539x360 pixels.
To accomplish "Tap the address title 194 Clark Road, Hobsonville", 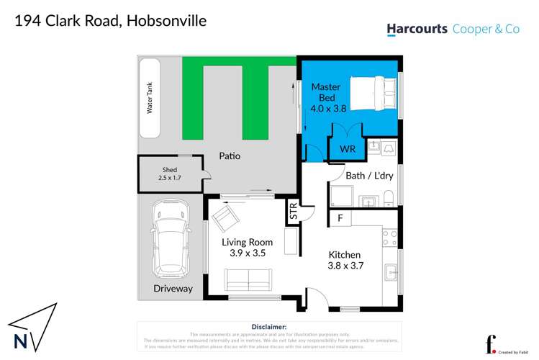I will (111, 21).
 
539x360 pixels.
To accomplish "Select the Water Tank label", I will (150, 99).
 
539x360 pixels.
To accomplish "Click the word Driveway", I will (173, 289).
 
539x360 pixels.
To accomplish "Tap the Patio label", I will (230, 156).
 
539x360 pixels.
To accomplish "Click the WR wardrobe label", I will (348, 149).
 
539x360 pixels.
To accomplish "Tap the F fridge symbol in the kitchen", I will (339, 217).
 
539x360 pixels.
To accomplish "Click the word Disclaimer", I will (269, 326).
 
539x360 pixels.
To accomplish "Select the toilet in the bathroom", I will (387, 198).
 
